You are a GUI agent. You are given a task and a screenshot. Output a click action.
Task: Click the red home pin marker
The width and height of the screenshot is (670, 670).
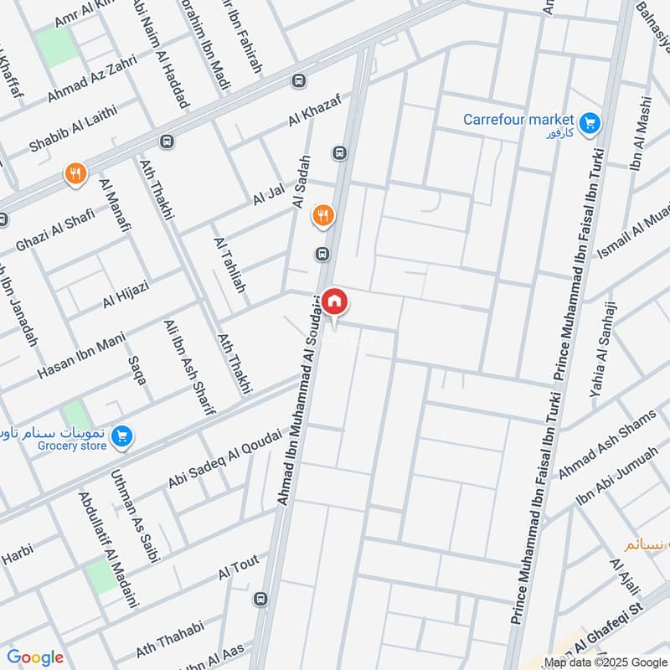tap(333, 301)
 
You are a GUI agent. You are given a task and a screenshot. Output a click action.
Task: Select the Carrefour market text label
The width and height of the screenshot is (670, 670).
tap(518, 120)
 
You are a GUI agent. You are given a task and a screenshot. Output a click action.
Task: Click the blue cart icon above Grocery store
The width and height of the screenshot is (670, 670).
tap(122, 435)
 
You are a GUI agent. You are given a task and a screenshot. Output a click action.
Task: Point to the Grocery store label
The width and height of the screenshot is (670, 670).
tap(73, 446)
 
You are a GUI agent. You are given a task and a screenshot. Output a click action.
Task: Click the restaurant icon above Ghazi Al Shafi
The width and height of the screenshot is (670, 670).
tap(75, 174)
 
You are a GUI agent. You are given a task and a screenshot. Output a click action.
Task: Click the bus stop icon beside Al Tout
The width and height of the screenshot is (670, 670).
tap(261, 599)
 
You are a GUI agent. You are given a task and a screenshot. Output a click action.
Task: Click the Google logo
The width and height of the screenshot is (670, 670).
tap(35, 657)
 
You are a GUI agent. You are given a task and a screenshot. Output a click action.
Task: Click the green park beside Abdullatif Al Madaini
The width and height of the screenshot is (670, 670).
tap(101, 576)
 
